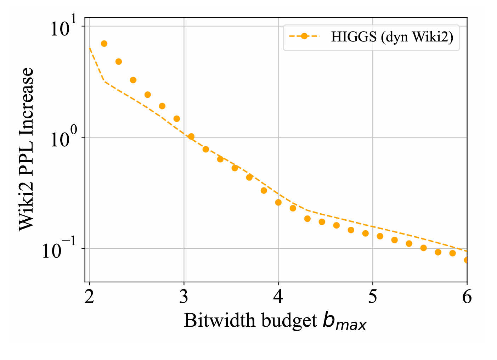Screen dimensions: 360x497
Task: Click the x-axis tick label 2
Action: (x=90, y=297)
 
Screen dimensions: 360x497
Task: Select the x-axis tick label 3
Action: (x=184, y=297)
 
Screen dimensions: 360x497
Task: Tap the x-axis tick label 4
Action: (x=278, y=297)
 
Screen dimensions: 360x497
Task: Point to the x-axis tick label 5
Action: (x=373, y=297)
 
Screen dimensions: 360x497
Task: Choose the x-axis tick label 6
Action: (x=467, y=297)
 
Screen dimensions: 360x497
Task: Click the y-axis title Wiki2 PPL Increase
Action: (x=26, y=149)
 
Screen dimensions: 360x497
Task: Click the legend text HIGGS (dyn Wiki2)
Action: (x=392, y=36)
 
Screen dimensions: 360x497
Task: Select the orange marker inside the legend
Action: (x=304, y=36)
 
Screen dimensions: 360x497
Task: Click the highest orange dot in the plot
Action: (x=104, y=44)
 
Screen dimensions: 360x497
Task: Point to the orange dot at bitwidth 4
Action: (x=278, y=202)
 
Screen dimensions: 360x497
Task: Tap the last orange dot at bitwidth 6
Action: (x=467, y=260)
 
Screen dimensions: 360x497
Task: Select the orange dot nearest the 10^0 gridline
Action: (x=191, y=136)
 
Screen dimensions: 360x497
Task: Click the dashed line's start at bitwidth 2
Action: (x=90, y=47)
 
